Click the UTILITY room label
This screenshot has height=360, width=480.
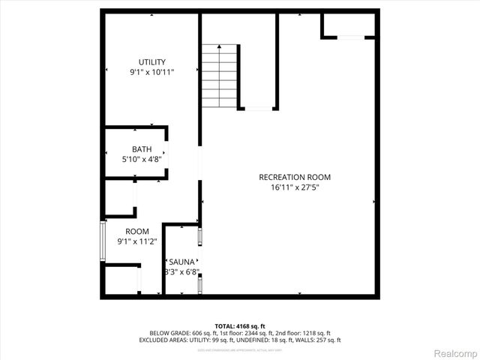point(151,62)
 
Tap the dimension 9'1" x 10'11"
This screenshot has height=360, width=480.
point(151,72)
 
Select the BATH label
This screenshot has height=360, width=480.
point(142,149)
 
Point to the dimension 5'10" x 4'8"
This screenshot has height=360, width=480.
point(142,159)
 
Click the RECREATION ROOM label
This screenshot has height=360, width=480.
point(295,177)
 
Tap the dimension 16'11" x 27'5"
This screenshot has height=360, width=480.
point(295,187)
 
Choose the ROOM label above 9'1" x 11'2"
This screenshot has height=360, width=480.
point(137,231)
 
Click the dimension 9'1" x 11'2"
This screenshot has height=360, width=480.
point(137,241)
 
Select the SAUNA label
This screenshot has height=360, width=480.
point(182,261)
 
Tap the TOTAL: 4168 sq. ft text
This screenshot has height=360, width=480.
point(240,326)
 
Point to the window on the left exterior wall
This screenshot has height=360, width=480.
point(103,241)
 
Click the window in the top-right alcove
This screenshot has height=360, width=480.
point(349,37)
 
